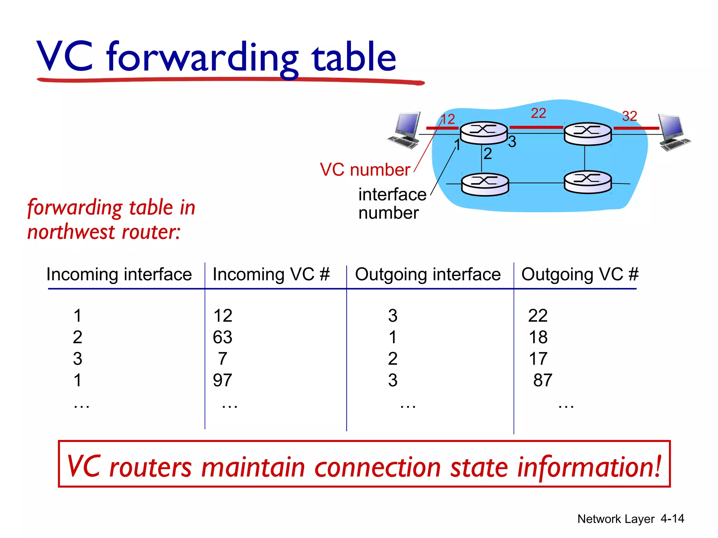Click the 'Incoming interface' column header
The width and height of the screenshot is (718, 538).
point(119,274)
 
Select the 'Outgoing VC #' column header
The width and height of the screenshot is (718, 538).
point(580,274)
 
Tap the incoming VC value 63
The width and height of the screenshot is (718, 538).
point(223,337)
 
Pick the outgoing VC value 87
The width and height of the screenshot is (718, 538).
point(543,380)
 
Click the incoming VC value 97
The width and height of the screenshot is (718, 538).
point(223,380)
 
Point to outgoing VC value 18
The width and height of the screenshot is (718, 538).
point(538,337)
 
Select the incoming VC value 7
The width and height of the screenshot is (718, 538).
point(223,359)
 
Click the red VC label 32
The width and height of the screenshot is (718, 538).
point(629,116)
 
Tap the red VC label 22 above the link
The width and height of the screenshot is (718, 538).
point(538,113)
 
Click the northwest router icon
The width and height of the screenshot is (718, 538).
point(484,133)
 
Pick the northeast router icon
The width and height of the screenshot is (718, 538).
point(588,134)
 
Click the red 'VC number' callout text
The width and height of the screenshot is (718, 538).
point(365,170)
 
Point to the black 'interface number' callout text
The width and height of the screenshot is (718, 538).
point(392,204)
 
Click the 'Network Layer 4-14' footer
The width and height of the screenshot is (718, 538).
point(630,519)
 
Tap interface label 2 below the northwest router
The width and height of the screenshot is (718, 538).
point(488,154)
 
